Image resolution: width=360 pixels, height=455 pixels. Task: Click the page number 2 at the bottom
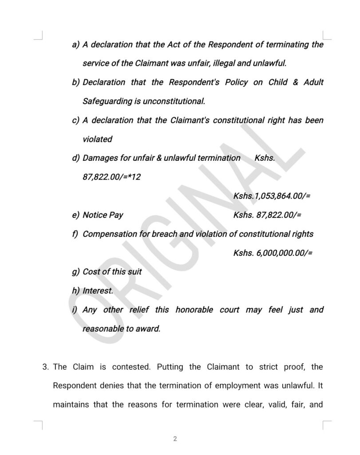tap(175, 439)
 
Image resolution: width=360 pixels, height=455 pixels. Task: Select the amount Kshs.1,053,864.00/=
tap(272, 196)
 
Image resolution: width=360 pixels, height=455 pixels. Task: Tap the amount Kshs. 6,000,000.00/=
tap(273, 253)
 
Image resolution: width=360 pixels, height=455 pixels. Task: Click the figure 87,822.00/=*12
tap(112, 177)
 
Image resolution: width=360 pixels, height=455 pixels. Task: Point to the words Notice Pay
tap(103, 215)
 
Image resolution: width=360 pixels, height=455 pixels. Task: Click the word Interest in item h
tap(98, 291)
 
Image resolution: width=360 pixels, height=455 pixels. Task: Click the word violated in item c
tap(98, 139)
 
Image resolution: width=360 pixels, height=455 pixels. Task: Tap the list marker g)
tap(76, 272)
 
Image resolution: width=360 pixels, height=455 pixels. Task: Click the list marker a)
tap(76, 45)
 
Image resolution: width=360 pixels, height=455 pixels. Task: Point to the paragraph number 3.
tap(45, 367)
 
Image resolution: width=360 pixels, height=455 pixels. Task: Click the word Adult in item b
tap(313, 83)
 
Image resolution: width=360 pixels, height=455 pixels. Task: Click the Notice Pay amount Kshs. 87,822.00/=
tap(267, 215)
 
